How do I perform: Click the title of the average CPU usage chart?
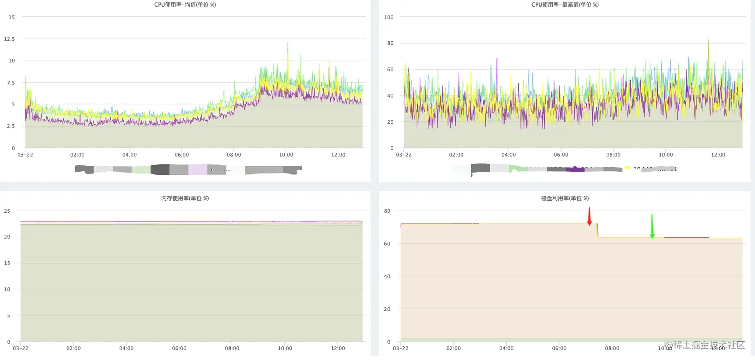tap(185, 5)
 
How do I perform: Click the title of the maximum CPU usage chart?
tap(565, 5)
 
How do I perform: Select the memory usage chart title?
tap(185, 198)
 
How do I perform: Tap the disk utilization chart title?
tap(565, 198)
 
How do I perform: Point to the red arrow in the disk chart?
tap(589, 217)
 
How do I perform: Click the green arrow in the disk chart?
tap(652, 226)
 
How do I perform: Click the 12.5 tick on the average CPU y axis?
tap(9, 39)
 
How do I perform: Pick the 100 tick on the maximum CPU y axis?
tap(389, 17)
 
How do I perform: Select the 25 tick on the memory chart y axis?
tap(7, 211)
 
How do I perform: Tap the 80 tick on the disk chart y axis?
tap(387, 211)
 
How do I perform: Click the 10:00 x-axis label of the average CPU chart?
tap(286, 155)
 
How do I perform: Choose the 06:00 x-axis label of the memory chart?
tap(179, 348)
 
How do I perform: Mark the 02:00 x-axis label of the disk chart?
tap(453, 348)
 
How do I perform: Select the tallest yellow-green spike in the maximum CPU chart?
tap(708, 41)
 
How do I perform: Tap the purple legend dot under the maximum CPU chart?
tap(575, 169)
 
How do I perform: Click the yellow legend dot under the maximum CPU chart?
tap(627, 168)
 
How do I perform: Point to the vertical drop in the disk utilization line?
tap(598, 230)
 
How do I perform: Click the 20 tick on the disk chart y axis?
tap(387, 309)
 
